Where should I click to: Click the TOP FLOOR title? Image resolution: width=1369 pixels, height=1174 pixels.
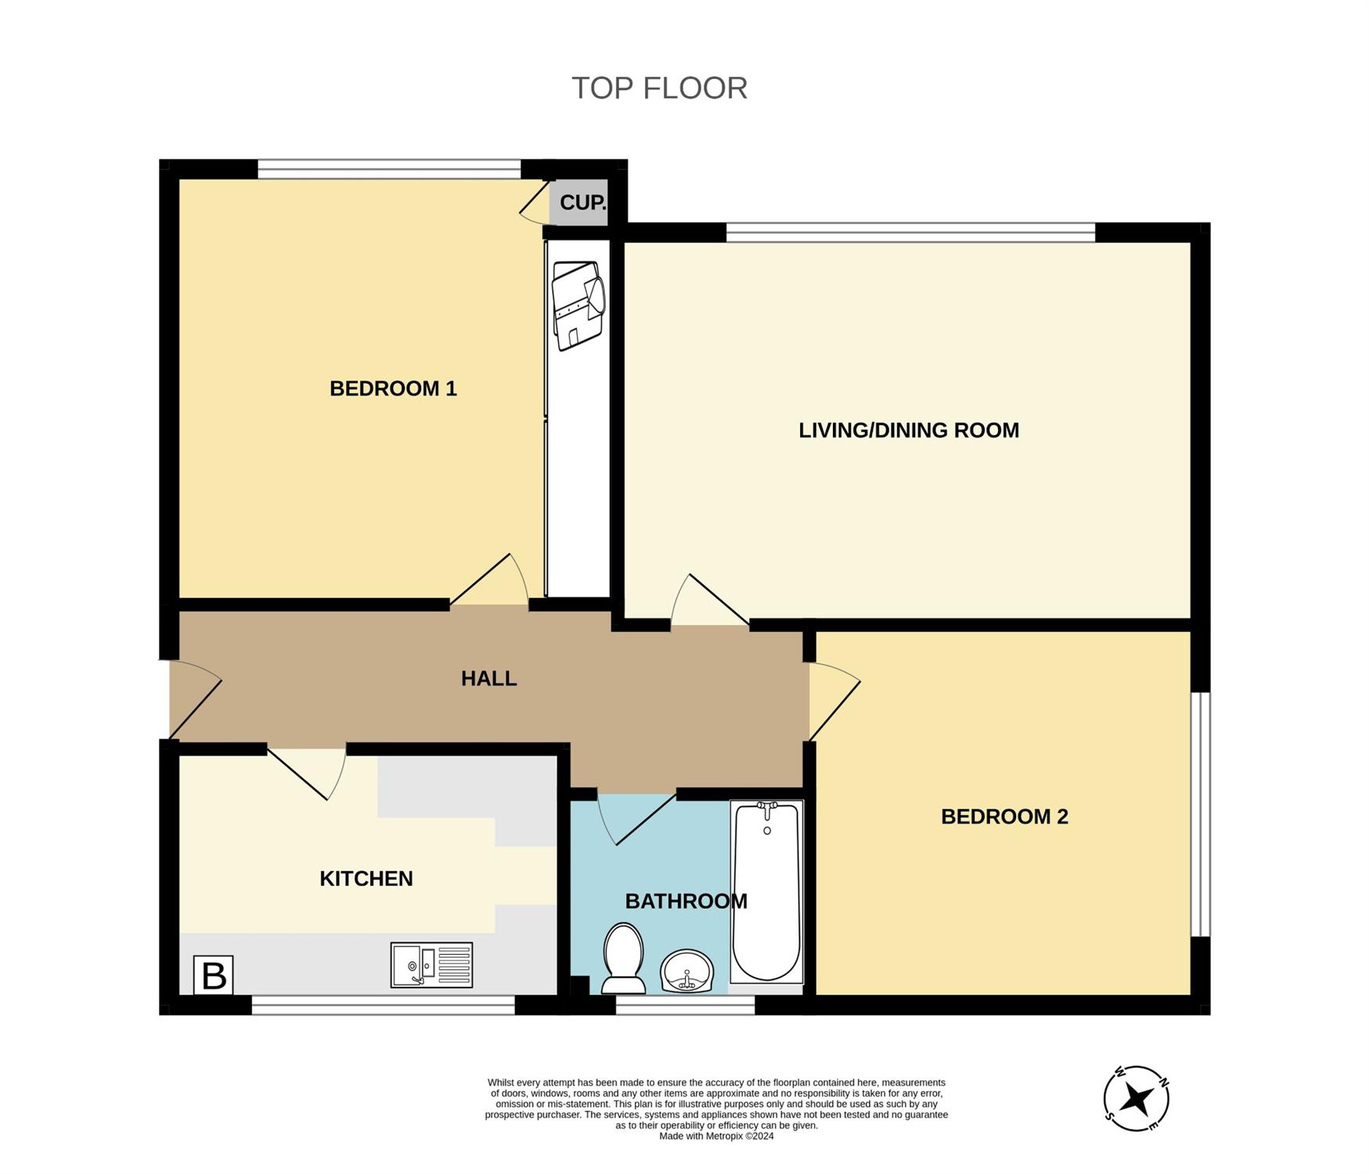coord(659,88)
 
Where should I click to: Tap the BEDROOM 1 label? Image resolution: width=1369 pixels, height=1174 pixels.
coord(393,388)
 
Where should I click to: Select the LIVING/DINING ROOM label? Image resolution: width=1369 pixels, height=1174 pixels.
coord(909,430)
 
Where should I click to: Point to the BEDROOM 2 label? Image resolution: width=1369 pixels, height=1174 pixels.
coord(1004,817)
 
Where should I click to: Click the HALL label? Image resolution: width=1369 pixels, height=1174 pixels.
coord(488,679)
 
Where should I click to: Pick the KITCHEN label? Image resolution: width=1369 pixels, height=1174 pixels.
coord(366,879)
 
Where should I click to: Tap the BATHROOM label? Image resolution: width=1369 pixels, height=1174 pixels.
coord(686,902)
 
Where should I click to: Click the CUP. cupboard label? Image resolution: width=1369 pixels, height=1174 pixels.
coord(582,203)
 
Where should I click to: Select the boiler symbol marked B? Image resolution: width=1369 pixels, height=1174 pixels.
coord(213,975)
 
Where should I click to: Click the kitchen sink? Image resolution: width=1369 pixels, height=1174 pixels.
coord(431,965)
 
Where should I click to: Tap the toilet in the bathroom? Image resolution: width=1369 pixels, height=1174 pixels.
coord(623,957)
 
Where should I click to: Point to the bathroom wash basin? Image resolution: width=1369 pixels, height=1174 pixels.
coord(687,971)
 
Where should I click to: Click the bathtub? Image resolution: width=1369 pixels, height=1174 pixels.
coord(766,891)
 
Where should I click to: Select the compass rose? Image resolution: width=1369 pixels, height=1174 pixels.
coord(1136,1099)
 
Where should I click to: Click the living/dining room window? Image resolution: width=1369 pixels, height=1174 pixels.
coord(910,232)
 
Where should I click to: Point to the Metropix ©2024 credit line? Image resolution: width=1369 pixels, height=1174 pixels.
coord(716,1136)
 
